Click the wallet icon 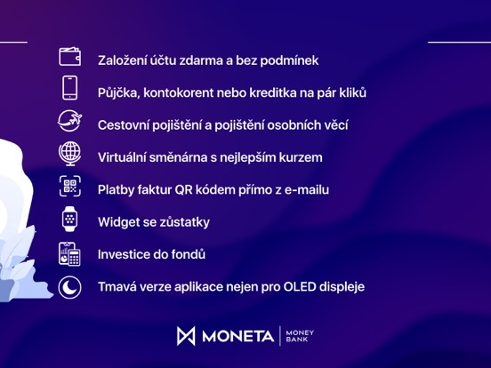pyautogui.click(x=70, y=56)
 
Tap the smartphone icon pyautogui.click(x=70, y=88)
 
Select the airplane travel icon pyautogui.click(x=70, y=121)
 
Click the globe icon pyautogui.click(x=70, y=154)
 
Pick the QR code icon pyautogui.click(x=70, y=186)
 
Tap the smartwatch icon pyautogui.click(x=69, y=219)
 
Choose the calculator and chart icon pyautogui.click(x=69, y=254)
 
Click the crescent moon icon pyautogui.click(x=69, y=287)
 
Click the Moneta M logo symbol pyautogui.click(x=186, y=336)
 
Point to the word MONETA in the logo pyautogui.click(x=238, y=336)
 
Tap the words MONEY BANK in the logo pyautogui.click(x=300, y=336)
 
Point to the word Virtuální pyautogui.click(x=121, y=157)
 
